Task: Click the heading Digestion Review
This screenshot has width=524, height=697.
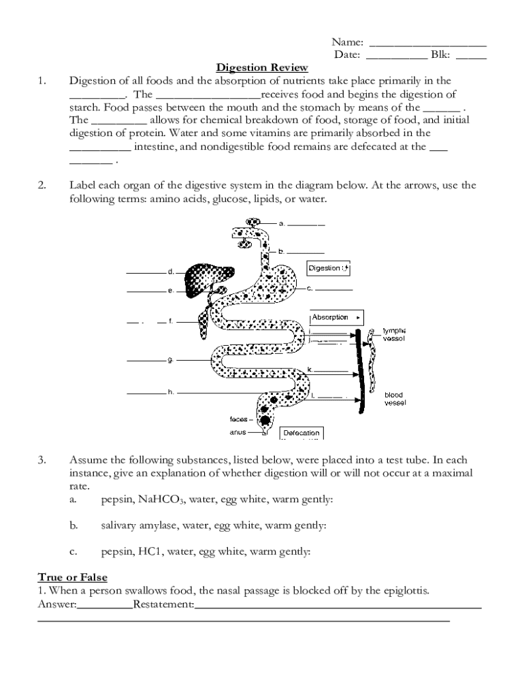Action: [262, 67]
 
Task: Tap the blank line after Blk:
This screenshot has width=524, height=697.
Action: [471, 55]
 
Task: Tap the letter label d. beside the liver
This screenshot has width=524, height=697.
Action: [171, 272]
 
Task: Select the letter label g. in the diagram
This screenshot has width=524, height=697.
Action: [171, 359]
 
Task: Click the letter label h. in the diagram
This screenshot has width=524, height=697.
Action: [171, 392]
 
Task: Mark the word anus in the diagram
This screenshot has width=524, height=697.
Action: [238, 432]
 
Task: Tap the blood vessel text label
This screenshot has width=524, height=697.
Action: [395, 399]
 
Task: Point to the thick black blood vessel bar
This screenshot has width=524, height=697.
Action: [361, 368]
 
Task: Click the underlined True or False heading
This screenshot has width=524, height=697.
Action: [71, 577]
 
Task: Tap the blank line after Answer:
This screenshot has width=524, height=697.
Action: [105, 604]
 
